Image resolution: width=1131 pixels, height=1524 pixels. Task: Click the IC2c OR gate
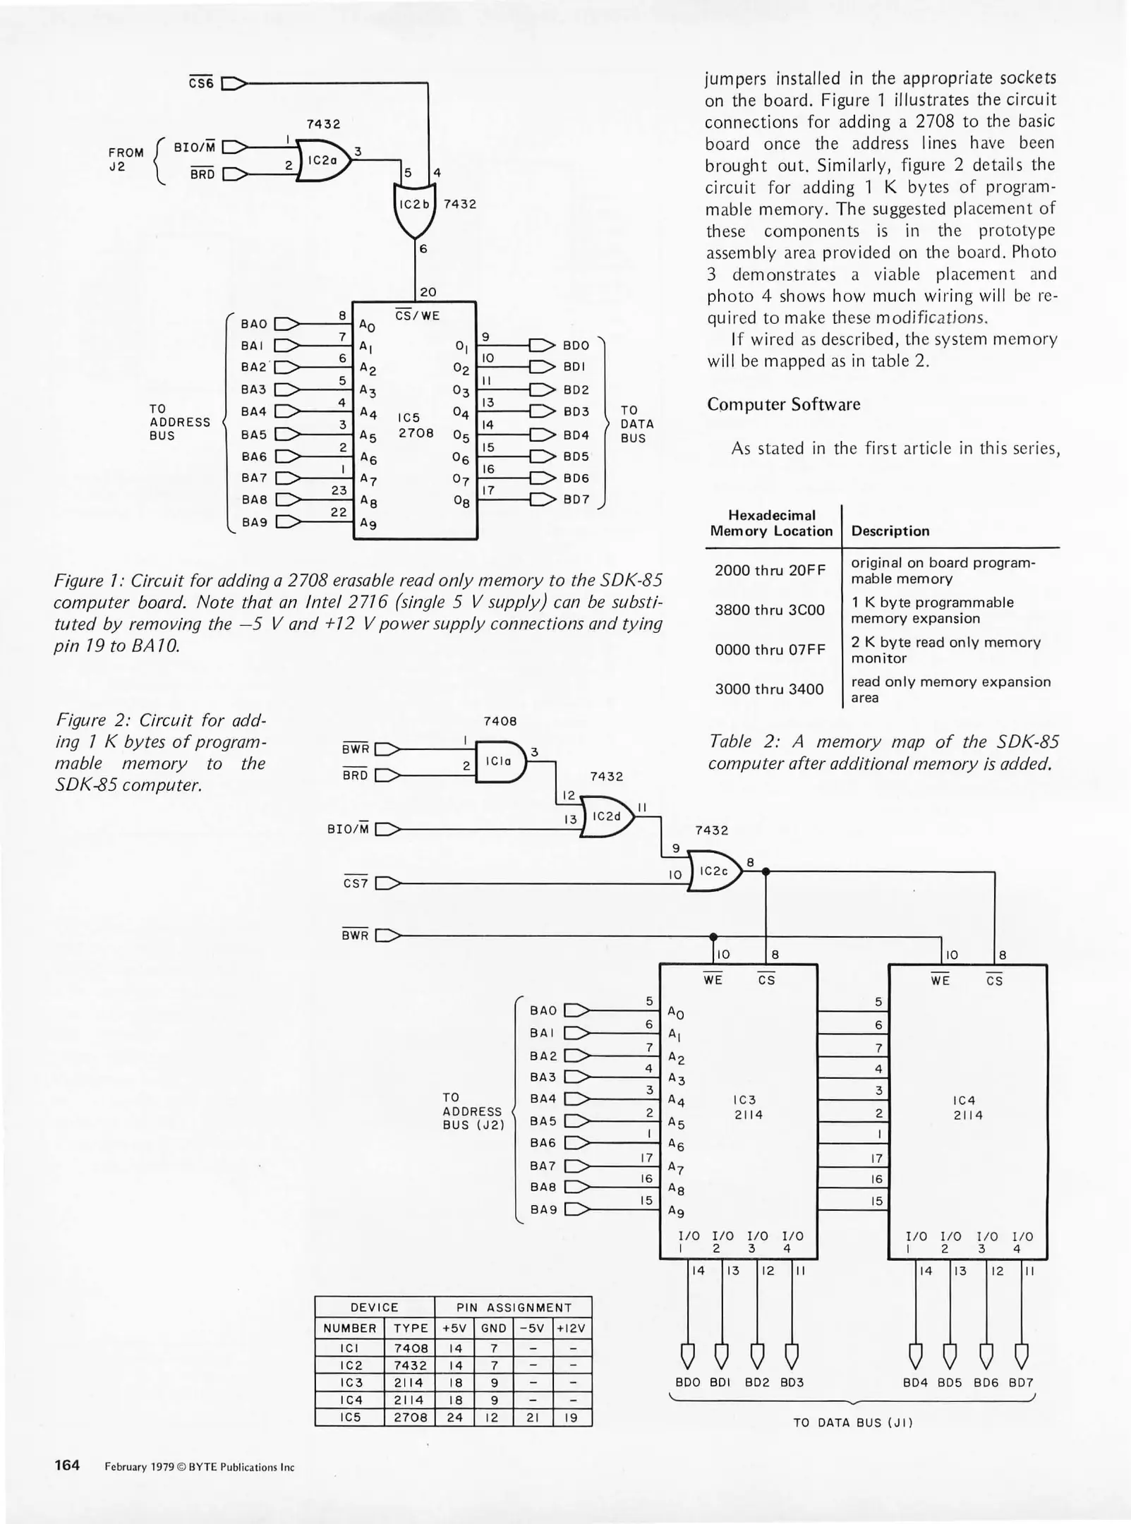[714, 871]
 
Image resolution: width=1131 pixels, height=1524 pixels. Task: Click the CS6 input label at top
[201, 83]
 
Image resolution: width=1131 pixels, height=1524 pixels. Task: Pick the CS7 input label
[356, 883]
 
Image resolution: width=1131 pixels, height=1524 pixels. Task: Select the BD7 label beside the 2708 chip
[576, 500]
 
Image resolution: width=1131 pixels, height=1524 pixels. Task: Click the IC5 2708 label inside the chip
[415, 425]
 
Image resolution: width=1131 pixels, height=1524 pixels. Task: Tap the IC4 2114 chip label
[967, 1107]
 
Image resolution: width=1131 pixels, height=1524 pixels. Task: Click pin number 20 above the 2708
[428, 292]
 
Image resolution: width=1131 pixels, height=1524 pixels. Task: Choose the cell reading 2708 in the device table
[410, 1417]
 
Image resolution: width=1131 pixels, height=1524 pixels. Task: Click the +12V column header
[571, 1328]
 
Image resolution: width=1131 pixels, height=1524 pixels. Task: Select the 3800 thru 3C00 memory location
[769, 610]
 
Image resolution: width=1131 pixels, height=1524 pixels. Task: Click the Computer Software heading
[783, 404]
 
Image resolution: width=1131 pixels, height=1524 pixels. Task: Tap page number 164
[67, 1465]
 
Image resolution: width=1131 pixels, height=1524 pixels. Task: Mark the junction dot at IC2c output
[766, 871]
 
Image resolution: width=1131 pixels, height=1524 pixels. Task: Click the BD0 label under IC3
[688, 1382]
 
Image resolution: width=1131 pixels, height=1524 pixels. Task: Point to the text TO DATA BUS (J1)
[852, 1422]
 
